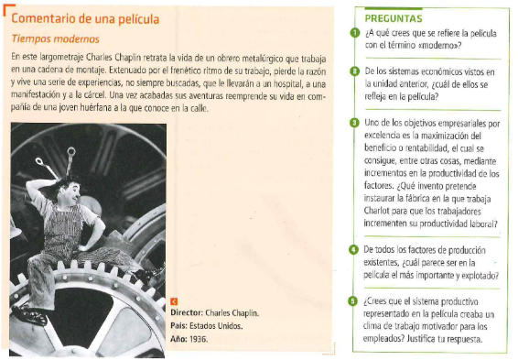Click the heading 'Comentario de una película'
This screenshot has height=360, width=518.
(x=85, y=19)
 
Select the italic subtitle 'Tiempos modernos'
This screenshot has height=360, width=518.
(x=56, y=39)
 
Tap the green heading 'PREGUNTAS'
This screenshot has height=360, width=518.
(x=394, y=18)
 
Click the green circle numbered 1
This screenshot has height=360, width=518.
(x=355, y=33)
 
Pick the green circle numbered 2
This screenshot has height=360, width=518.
(x=354, y=71)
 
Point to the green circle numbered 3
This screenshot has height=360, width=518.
(x=354, y=123)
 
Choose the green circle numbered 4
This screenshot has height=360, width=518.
(x=353, y=249)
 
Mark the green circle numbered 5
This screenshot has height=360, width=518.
(x=353, y=301)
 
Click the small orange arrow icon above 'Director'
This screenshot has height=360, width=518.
(x=174, y=301)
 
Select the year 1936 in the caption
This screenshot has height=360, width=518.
(x=199, y=339)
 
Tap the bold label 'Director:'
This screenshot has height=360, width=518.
(x=187, y=312)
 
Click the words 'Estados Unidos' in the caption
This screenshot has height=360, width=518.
(x=216, y=326)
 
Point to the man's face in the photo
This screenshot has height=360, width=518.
(x=72, y=193)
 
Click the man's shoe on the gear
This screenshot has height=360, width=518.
(x=29, y=314)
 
